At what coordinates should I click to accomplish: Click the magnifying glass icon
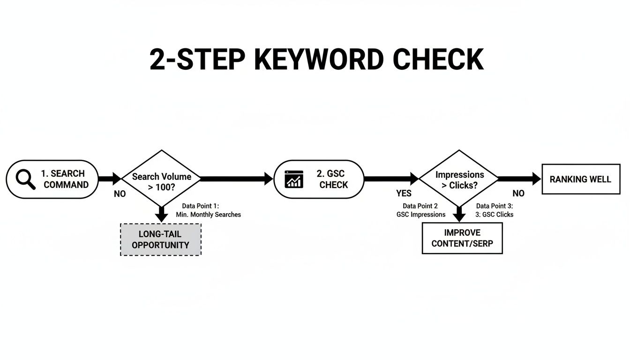click(x=25, y=179)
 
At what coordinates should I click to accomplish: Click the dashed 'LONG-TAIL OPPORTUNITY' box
click(x=161, y=239)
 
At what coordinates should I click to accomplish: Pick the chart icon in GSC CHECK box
click(x=294, y=179)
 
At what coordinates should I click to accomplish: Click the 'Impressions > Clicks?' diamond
click(x=459, y=179)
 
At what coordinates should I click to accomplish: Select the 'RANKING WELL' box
click(x=580, y=179)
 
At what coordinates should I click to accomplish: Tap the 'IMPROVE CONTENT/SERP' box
click(x=462, y=238)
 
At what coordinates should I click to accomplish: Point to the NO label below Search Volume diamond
click(x=120, y=194)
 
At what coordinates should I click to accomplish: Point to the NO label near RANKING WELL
click(x=518, y=194)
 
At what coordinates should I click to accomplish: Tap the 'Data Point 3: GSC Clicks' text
click(x=495, y=210)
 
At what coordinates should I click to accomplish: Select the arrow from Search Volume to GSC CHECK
click(x=237, y=178)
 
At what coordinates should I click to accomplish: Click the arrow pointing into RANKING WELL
click(x=519, y=178)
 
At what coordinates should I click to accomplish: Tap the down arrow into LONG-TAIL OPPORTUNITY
click(x=161, y=215)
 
